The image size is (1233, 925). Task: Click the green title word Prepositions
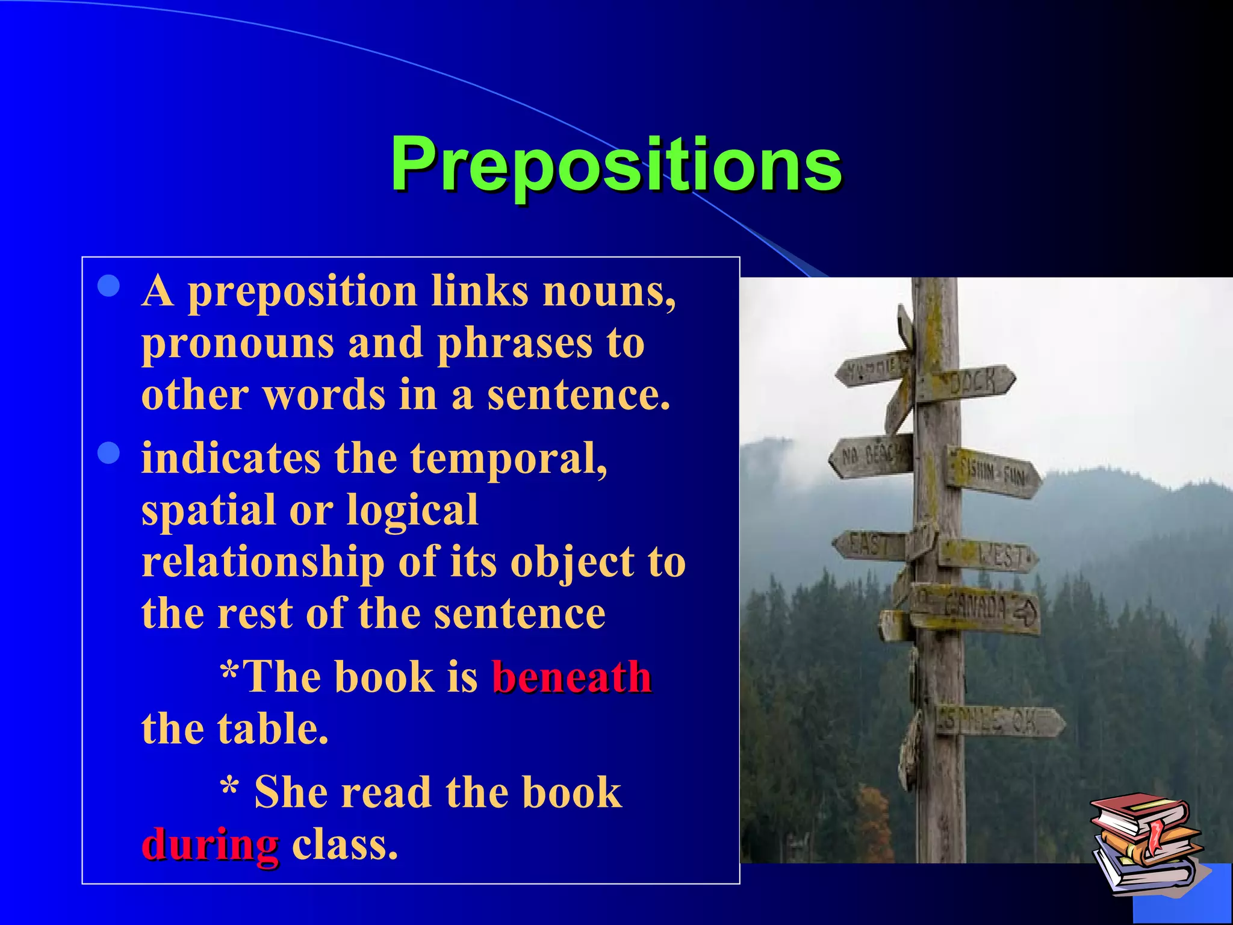click(x=615, y=164)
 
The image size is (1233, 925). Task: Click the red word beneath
click(x=572, y=677)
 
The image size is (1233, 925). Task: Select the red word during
click(x=210, y=844)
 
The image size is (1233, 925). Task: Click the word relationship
click(x=263, y=562)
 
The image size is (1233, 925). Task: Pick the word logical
click(x=412, y=510)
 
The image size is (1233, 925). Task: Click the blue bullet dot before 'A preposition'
click(x=109, y=287)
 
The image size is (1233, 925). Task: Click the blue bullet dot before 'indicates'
click(x=109, y=453)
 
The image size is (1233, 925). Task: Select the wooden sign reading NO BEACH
click(x=871, y=456)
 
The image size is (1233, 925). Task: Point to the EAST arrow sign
click(x=869, y=545)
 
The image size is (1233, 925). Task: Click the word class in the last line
click(x=344, y=844)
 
